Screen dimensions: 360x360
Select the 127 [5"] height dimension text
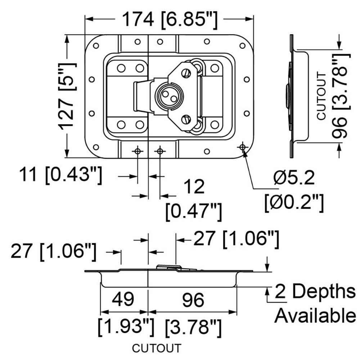click(x=67, y=96)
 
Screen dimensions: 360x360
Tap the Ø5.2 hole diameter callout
click(x=294, y=178)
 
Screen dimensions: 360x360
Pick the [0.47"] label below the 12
click(x=194, y=211)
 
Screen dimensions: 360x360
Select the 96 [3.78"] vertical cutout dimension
click(x=341, y=96)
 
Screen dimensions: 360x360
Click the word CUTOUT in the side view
click(x=321, y=96)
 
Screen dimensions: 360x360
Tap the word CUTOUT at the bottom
click(x=157, y=348)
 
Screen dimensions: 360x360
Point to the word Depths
click(x=324, y=292)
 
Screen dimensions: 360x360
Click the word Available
click(x=315, y=316)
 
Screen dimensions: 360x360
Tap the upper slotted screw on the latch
click(x=186, y=73)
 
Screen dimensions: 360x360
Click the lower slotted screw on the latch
click(x=186, y=120)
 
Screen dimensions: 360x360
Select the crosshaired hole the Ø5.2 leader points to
click(x=242, y=147)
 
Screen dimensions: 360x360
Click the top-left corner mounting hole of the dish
click(x=96, y=46)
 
